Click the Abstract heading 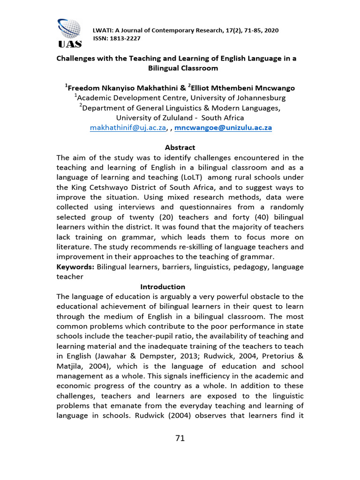click(x=180, y=147)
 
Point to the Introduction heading click(x=163, y=286)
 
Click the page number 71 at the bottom click(x=180, y=438)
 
